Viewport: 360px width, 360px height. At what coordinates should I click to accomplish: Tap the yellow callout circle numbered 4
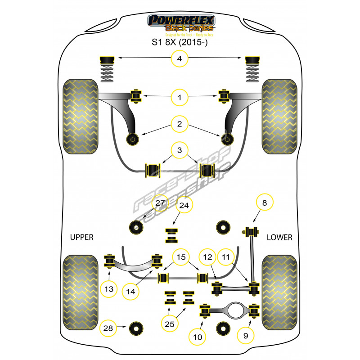(x=180, y=58)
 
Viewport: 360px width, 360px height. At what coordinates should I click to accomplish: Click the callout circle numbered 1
(x=180, y=96)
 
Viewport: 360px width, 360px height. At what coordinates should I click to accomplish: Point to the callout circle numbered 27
(x=160, y=203)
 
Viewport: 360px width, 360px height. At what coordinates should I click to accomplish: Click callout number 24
(x=184, y=206)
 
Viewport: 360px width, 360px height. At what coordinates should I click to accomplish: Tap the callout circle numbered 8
(x=264, y=203)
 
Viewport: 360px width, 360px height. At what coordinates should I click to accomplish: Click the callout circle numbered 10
(x=198, y=335)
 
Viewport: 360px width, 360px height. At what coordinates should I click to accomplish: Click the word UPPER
(x=81, y=237)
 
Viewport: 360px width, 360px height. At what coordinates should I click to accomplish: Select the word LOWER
(x=279, y=237)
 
